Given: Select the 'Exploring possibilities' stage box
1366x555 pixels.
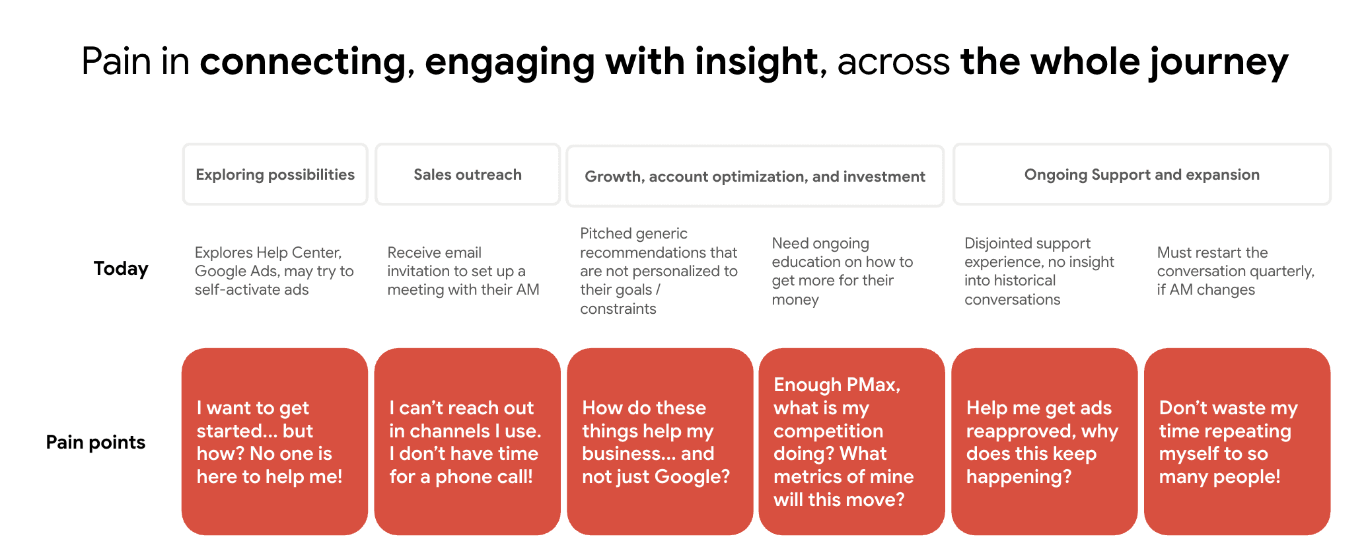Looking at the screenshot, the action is [275, 174].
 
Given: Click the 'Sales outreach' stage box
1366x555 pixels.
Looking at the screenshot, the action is [468, 174].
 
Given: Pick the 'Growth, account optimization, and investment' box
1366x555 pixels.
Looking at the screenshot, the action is [755, 176].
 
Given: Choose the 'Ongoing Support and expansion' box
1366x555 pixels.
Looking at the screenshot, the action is [1141, 174].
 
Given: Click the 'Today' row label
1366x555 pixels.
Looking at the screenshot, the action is [121, 269].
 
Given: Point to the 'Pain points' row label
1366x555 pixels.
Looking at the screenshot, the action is [96, 443].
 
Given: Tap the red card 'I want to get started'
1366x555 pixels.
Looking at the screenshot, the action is [275, 441].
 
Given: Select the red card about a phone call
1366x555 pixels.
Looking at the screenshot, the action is [468, 441].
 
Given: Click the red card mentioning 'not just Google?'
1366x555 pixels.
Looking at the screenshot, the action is [660, 441].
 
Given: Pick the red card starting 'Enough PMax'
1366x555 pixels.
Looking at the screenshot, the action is [852, 441].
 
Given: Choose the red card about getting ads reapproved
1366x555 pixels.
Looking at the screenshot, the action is [1044, 441].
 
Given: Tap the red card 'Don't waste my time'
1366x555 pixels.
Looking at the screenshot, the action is [1237, 441].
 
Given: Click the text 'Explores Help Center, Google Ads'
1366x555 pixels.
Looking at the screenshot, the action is [274, 271].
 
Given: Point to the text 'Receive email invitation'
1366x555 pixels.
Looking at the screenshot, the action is [463, 271].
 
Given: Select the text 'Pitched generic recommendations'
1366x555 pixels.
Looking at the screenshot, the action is [659, 271].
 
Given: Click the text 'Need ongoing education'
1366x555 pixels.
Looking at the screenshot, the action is [842, 271].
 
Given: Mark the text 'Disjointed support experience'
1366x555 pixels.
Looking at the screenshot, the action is [1039, 271].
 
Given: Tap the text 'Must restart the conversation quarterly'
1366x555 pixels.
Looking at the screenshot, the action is [1235, 271].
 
